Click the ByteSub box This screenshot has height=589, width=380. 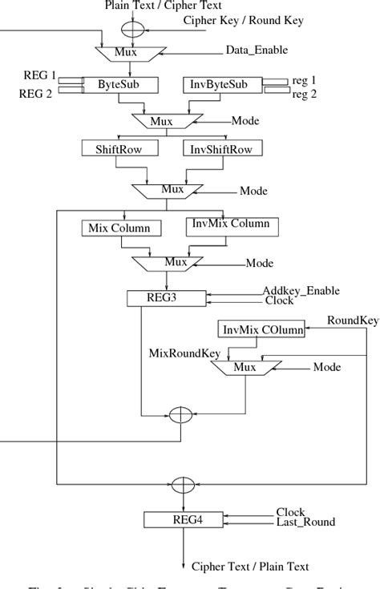click(119, 84)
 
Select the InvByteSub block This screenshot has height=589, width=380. click(218, 84)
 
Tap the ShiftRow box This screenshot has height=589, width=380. click(120, 149)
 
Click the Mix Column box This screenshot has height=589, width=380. click(121, 228)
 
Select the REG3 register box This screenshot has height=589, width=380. click(166, 298)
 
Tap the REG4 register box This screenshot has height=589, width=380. click(184, 519)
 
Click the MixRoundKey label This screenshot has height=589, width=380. click(184, 351)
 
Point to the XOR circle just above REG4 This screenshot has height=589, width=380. click(184, 485)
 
